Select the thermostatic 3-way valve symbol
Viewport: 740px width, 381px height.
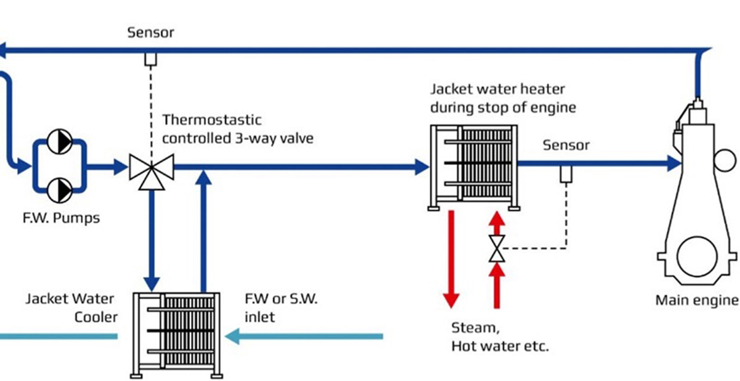click(152, 166)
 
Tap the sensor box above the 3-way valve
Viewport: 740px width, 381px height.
click(150, 59)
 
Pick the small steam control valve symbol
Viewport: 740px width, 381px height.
click(497, 248)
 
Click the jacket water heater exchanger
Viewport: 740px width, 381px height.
click(471, 166)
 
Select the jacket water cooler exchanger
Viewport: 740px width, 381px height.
click(177, 333)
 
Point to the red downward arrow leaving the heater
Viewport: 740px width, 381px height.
click(451, 257)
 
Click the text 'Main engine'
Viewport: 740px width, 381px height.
click(696, 300)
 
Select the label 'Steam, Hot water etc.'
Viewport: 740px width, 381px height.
click(500, 338)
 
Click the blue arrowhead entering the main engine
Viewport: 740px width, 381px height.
click(674, 162)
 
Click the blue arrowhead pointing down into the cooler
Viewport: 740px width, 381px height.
click(152, 282)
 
